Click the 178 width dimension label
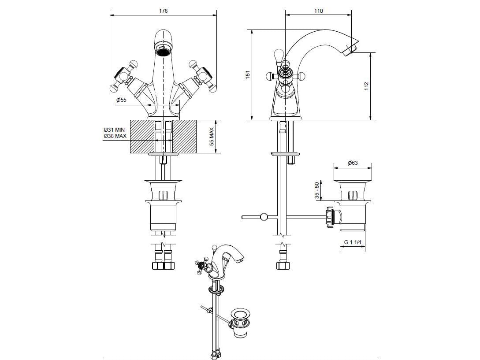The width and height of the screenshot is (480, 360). [x=163, y=11]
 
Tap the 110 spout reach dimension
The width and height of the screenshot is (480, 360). [x=318, y=11]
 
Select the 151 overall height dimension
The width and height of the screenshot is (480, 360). [x=247, y=75]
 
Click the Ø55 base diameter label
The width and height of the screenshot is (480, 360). [x=121, y=100]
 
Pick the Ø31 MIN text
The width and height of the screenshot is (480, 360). [x=115, y=130]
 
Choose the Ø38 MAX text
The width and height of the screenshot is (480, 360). [x=115, y=136]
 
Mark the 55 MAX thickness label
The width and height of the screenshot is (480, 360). [x=212, y=137]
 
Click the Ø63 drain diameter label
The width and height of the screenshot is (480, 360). [x=353, y=163]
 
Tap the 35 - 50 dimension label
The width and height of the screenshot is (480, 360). [x=316, y=190]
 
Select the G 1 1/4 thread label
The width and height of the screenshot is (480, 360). [x=352, y=242]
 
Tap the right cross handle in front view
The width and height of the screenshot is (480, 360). [x=204, y=76]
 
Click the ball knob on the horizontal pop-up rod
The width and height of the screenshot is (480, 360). [x=264, y=217]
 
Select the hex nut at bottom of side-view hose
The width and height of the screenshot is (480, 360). [x=282, y=266]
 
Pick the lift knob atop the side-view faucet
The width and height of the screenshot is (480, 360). [x=277, y=56]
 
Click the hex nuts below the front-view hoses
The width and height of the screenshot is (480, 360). [x=164, y=266]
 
